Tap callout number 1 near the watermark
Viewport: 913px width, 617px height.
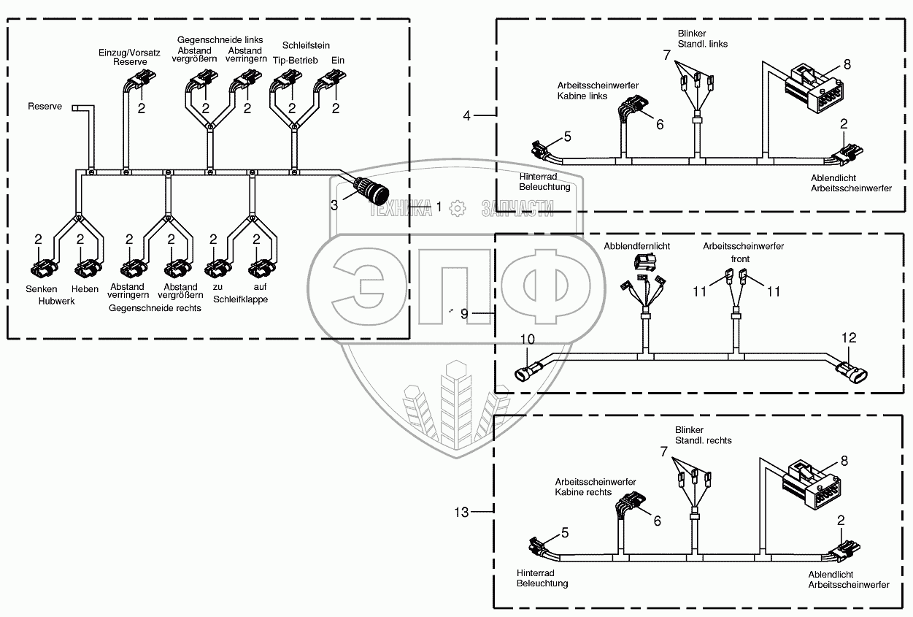[x=439, y=207]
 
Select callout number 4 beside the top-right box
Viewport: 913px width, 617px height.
[x=468, y=115]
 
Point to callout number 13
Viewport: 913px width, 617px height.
[x=461, y=512]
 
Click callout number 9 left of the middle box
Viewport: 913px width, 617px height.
[x=465, y=313]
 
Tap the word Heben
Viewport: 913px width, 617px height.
[x=85, y=290]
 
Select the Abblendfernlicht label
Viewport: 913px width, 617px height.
[x=636, y=247]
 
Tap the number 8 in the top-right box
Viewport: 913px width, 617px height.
[x=847, y=64]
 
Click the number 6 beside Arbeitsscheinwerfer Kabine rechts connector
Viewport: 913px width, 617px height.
[x=657, y=521]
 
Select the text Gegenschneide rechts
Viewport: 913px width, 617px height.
[x=155, y=308]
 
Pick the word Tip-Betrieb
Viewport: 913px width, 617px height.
[x=295, y=60]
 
